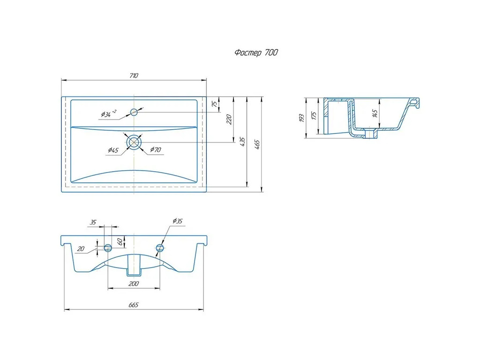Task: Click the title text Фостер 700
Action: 256,52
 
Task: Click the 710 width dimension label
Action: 134,75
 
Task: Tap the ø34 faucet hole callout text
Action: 109,113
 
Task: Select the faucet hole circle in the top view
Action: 134,112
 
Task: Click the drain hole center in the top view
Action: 134,142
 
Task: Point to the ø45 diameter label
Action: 113,150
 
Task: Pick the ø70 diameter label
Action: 156,150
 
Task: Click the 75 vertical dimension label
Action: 215,104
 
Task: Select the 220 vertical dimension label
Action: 229,119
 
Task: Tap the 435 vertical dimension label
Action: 242,142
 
